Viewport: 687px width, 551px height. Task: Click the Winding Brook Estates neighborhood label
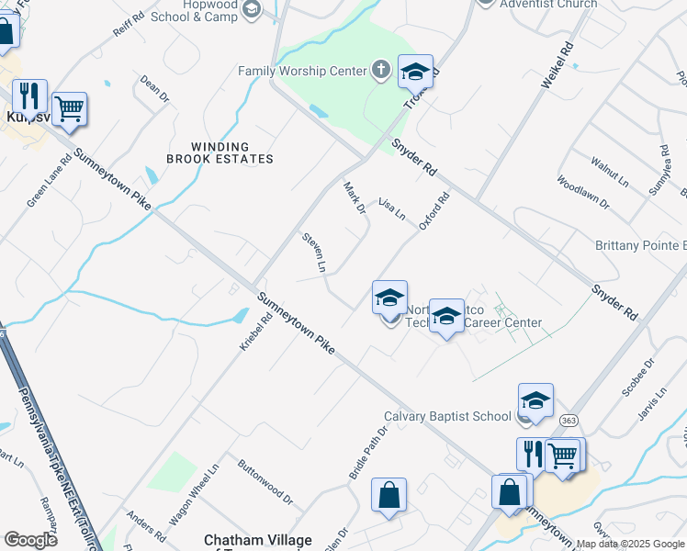click(x=220, y=152)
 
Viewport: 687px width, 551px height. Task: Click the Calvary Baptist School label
click(x=447, y=416)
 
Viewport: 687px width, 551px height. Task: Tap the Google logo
click(x=30, y=539)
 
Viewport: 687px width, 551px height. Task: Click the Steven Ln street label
click(x=315, y=252)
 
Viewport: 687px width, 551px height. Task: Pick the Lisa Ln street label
click(x=393, y=208)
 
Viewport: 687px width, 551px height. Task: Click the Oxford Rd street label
click(x=434, y=210)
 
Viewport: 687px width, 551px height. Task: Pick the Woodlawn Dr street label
click(x=582, y=193)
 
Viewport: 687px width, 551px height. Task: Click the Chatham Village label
click(x=258, y=540)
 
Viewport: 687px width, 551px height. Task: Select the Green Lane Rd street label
click(x=49, y=179)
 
